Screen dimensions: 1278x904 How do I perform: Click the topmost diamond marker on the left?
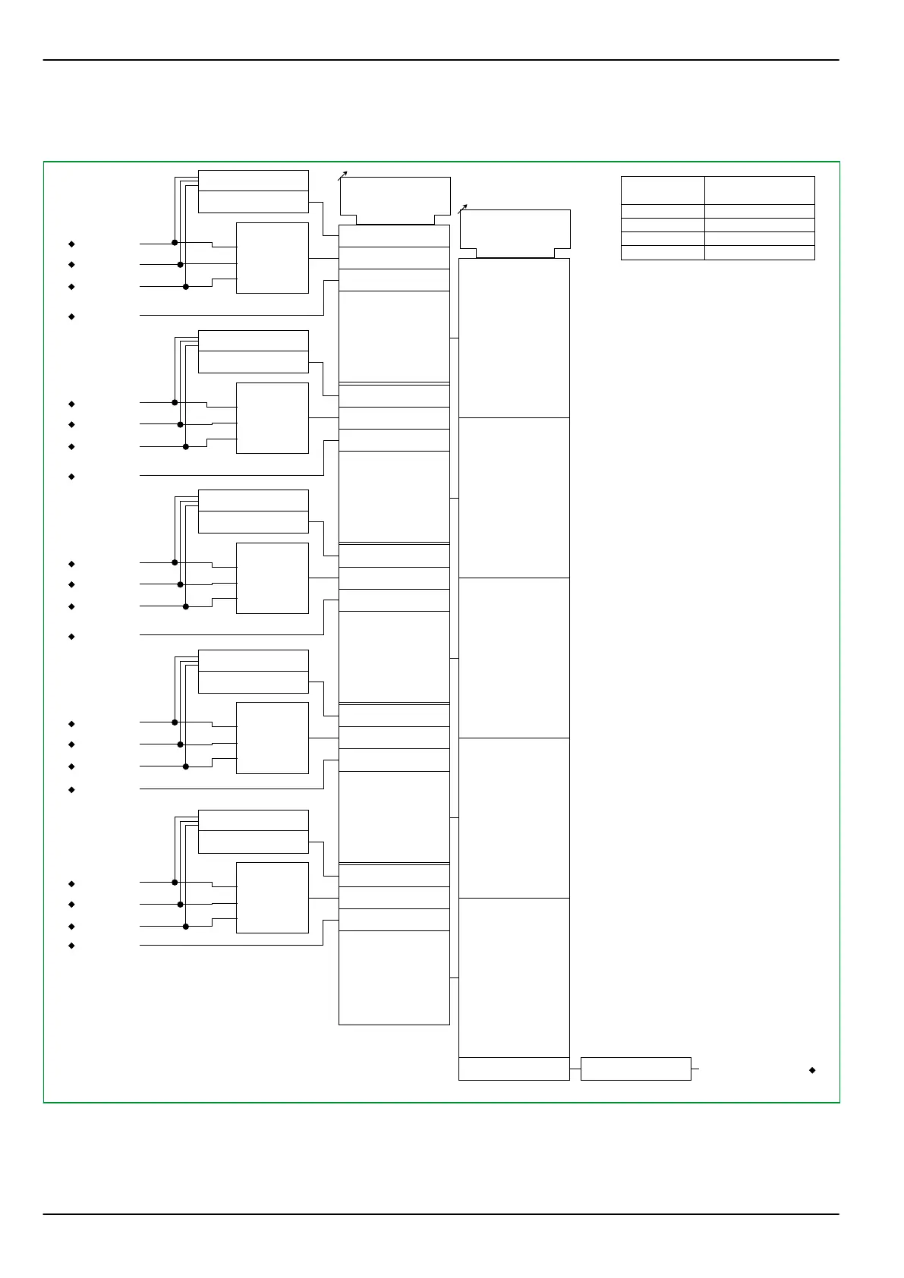point(71,244)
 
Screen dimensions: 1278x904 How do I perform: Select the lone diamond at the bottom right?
point(812,1070)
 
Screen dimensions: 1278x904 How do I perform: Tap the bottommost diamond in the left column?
point(71,946)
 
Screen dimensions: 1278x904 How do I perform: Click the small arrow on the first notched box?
point(343,176)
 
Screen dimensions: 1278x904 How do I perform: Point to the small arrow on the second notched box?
point(462,209)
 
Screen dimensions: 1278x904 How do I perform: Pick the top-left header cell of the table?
point(663,190)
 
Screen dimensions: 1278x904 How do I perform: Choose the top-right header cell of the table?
point(759,190)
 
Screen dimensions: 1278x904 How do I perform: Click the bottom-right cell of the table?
point(759,253)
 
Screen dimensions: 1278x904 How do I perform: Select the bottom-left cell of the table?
point(663,253)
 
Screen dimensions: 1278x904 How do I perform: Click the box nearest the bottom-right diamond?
point(635,1069)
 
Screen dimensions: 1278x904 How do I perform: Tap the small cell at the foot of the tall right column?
point(514,1069)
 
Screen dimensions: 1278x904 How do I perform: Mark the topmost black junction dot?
point(175,243)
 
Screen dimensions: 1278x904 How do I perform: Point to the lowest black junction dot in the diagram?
point(185,926)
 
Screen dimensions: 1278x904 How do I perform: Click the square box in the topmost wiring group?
point(272,258)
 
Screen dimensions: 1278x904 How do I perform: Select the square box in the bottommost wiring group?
point(272,898)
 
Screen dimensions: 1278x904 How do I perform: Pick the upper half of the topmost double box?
point(253,181)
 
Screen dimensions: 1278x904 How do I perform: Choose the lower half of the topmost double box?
point(253,202)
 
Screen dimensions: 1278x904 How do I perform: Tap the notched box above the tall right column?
point(515,233)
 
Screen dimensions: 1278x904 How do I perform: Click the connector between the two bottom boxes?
point(575,1069)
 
